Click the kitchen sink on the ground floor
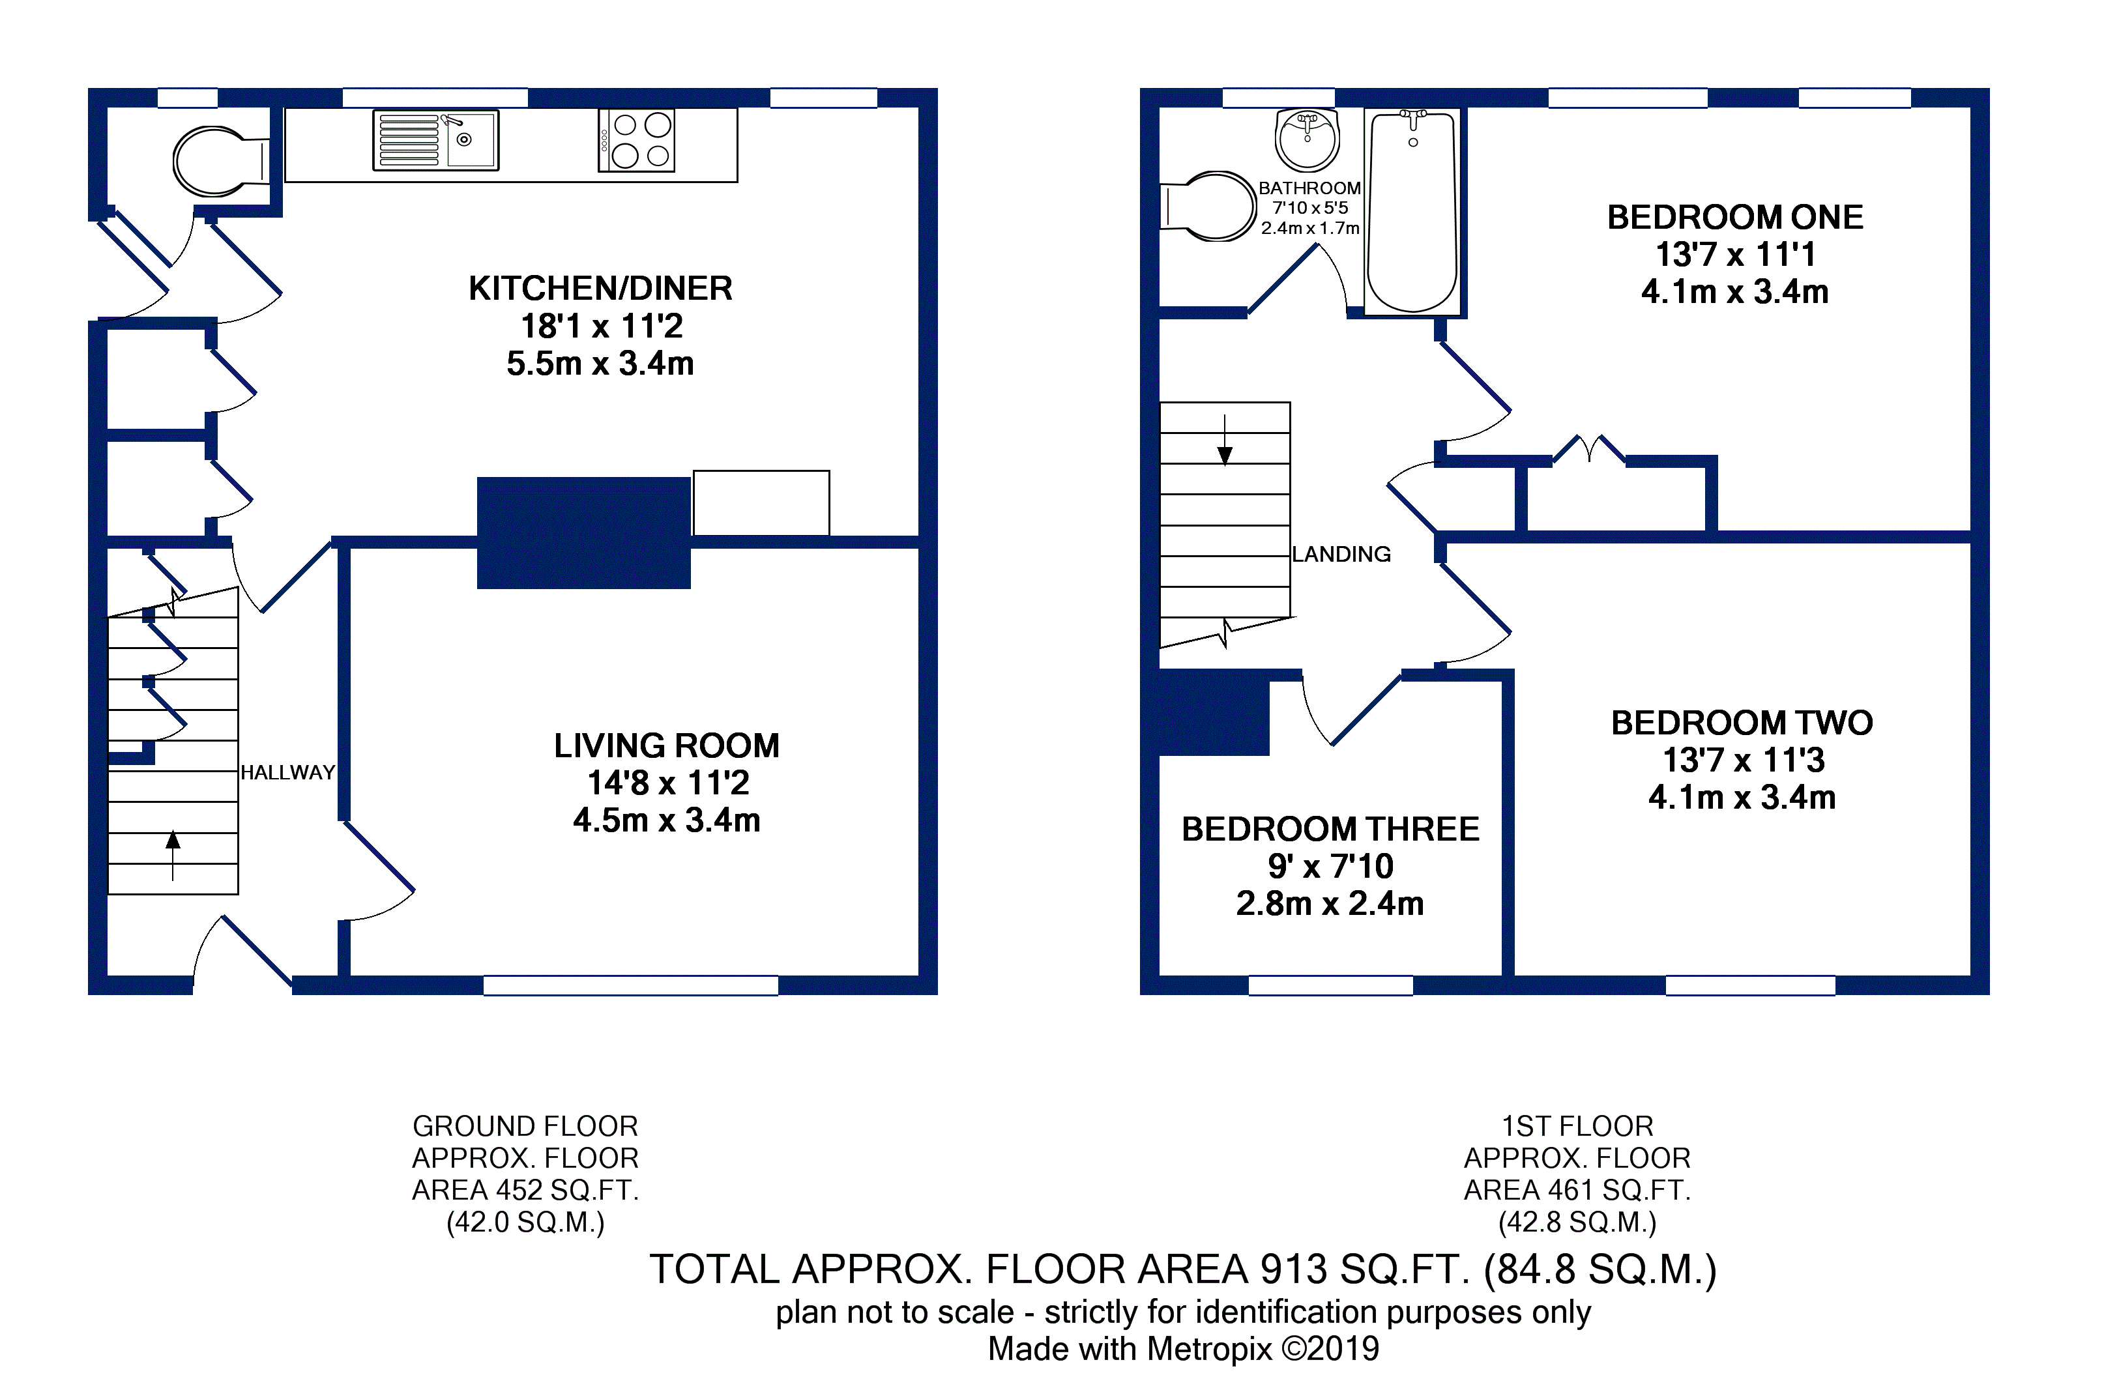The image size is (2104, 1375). point(436,139)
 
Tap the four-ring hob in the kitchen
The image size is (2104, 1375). point(637,139)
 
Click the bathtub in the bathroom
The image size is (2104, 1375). point(1412,211)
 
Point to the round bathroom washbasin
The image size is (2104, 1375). point(1307,141)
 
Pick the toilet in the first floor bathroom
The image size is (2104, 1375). point(1208,206)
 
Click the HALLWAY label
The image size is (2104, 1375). point(287,772)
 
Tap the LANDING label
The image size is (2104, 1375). point(1341,554)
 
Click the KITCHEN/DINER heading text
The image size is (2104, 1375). point(600,288)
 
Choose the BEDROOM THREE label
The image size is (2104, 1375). point(1330,829)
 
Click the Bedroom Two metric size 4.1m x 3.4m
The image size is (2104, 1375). point(1742,797)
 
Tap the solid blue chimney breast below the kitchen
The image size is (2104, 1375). point(583,533)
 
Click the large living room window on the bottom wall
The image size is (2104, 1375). point(630,985)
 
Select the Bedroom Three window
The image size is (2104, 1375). point(1330,985)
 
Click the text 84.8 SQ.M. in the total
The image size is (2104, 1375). point(1600,1270)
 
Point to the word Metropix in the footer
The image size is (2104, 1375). point(1209,1350)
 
